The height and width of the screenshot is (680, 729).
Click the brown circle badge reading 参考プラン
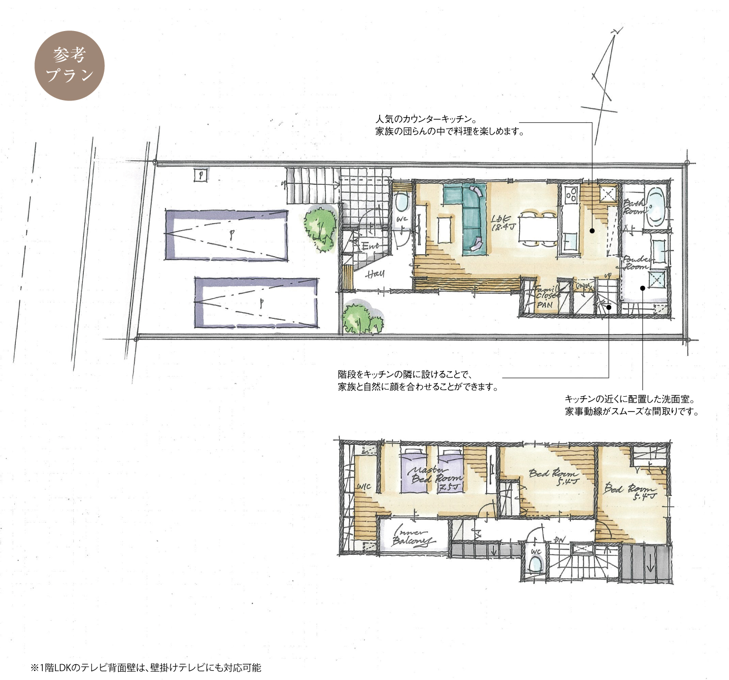pos(69,66)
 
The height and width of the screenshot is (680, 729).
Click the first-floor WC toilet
pos(402,203)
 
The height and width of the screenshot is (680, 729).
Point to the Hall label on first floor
pos(375,274)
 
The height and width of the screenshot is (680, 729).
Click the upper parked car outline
pos(226,235)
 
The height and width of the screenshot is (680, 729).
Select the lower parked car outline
pos(256,302)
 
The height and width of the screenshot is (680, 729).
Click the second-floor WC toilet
pos(535,562)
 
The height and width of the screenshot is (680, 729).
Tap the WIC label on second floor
pos(364,487)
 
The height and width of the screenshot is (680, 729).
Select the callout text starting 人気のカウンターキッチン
pos(449,126)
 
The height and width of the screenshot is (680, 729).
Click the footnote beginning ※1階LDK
pos(146,668)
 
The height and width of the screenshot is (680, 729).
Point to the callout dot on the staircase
pos(609,307)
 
